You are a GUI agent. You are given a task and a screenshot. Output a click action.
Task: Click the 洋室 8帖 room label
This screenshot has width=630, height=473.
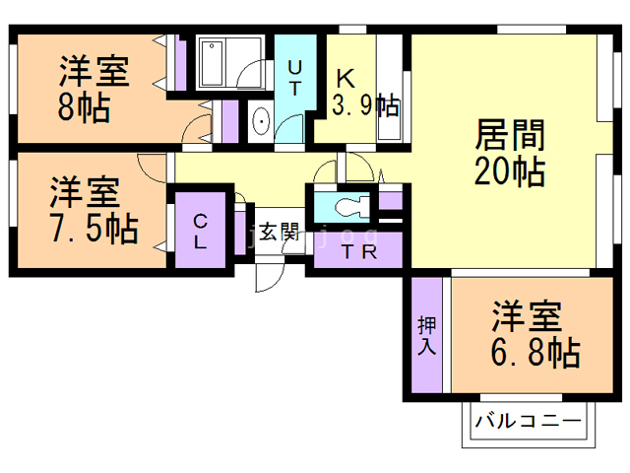click(x=94, y=89)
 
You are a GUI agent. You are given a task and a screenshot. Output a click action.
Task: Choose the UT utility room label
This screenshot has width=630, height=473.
click(x=294, y=77)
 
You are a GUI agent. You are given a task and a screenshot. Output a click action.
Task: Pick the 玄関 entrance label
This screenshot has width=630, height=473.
click(x=279, y=233)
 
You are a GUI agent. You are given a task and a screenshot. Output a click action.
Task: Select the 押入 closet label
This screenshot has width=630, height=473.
click(x=426, y=335)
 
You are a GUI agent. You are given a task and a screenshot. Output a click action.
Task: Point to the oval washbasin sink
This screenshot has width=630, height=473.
click(x=261, y=122)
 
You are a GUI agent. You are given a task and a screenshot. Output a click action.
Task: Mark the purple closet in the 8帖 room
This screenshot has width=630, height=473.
click(x=178, y=65)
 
